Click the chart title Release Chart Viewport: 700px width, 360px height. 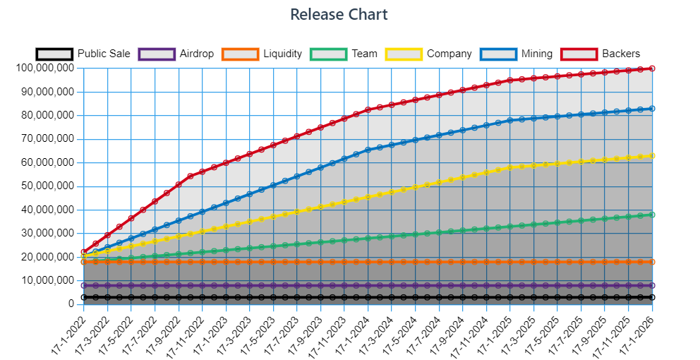tap(339, 14)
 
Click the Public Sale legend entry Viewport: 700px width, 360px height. tap(83, 54)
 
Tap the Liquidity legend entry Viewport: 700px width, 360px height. tap(262, 54)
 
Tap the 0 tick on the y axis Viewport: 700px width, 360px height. tap(71, 304)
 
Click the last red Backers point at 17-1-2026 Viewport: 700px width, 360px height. tap(652, 68)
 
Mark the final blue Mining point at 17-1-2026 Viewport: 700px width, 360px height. tap(652, 109)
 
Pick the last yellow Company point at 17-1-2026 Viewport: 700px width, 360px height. tap(652, 156)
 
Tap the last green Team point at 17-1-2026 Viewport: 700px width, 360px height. tap(652, 215)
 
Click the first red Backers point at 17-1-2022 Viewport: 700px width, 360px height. tap(84, 252)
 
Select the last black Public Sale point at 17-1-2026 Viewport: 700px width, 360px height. tap(652, 297)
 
